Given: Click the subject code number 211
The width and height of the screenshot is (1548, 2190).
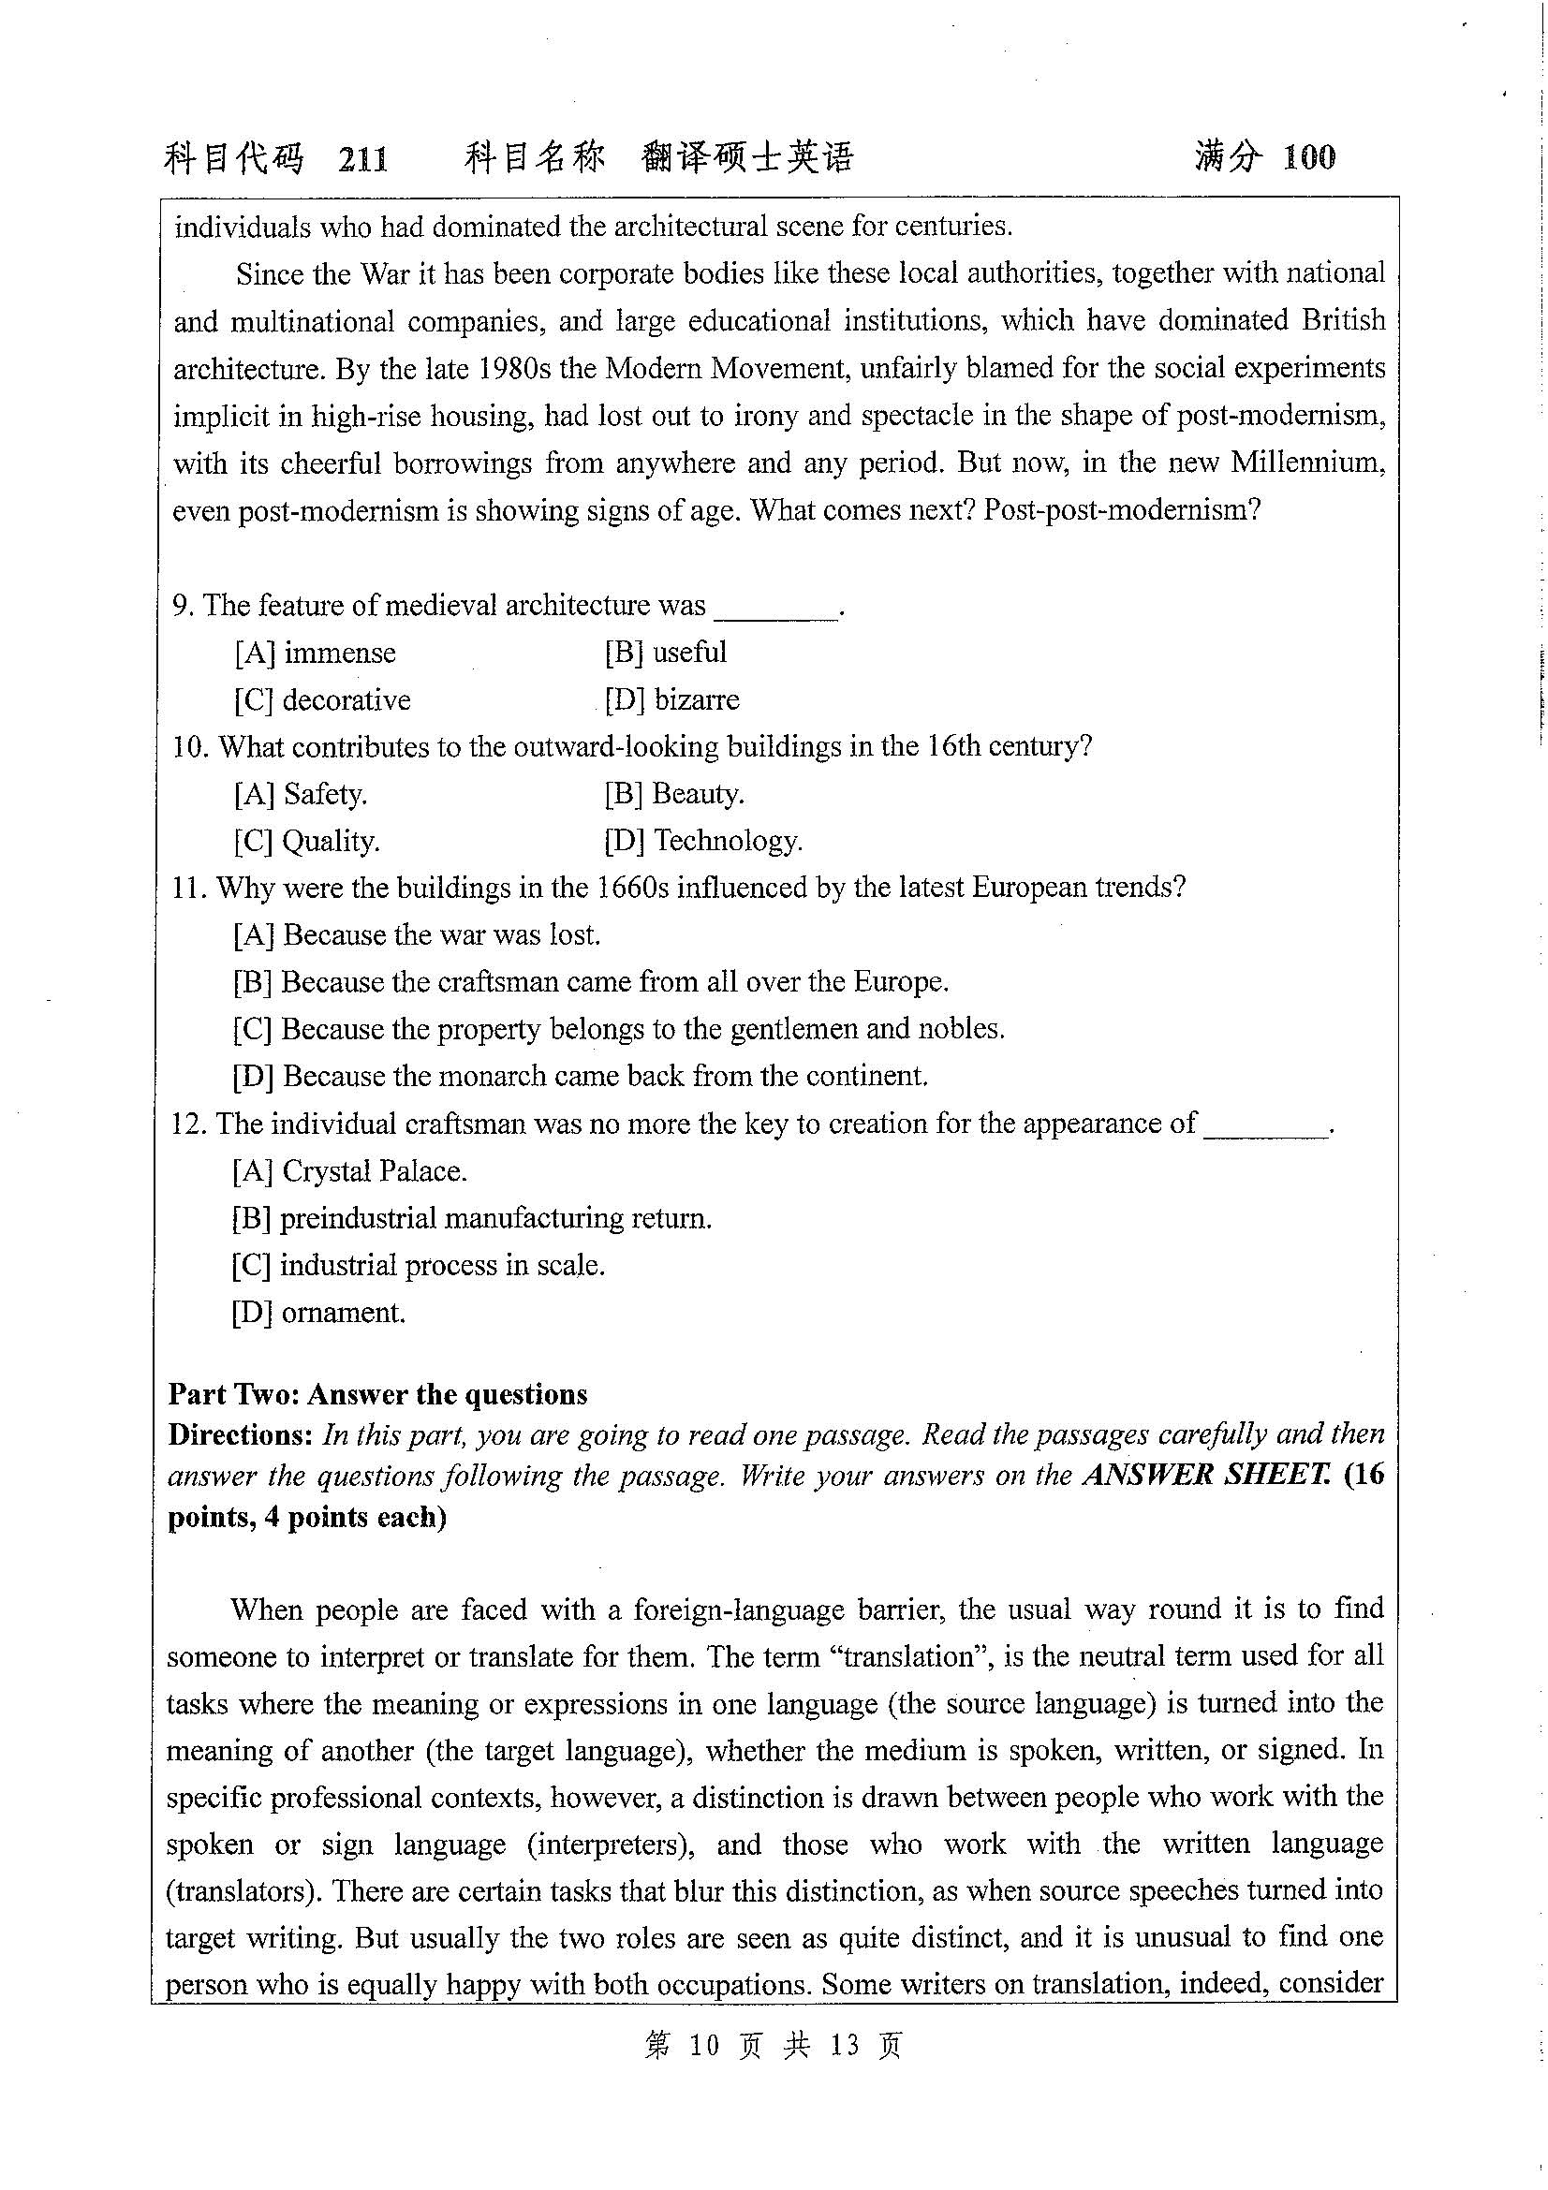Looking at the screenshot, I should pos(363,158).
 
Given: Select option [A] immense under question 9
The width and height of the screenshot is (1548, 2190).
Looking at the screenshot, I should pos(315,654).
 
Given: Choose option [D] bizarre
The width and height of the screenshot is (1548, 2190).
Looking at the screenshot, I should pos(671,700).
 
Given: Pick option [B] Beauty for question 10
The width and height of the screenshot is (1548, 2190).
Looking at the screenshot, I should pos(673,794).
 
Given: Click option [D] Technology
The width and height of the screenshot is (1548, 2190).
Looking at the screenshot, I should pos(703,842).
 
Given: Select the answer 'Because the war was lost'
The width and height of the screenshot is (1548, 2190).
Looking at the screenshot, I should pos(417,934).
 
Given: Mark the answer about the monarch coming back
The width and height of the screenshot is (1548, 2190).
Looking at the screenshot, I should pos(580,1077).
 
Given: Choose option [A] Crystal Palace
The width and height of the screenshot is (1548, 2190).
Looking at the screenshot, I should pos(349,1171).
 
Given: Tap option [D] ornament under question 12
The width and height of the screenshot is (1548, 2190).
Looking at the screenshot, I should pos(318,1314).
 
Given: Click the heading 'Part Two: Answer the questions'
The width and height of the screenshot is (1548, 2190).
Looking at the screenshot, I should pos(377,1395).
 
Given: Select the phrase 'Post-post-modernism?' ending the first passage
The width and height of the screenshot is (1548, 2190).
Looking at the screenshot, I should pos(1123,510).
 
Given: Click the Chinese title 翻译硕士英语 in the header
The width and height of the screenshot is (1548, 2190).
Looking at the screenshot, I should pos(746,157).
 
